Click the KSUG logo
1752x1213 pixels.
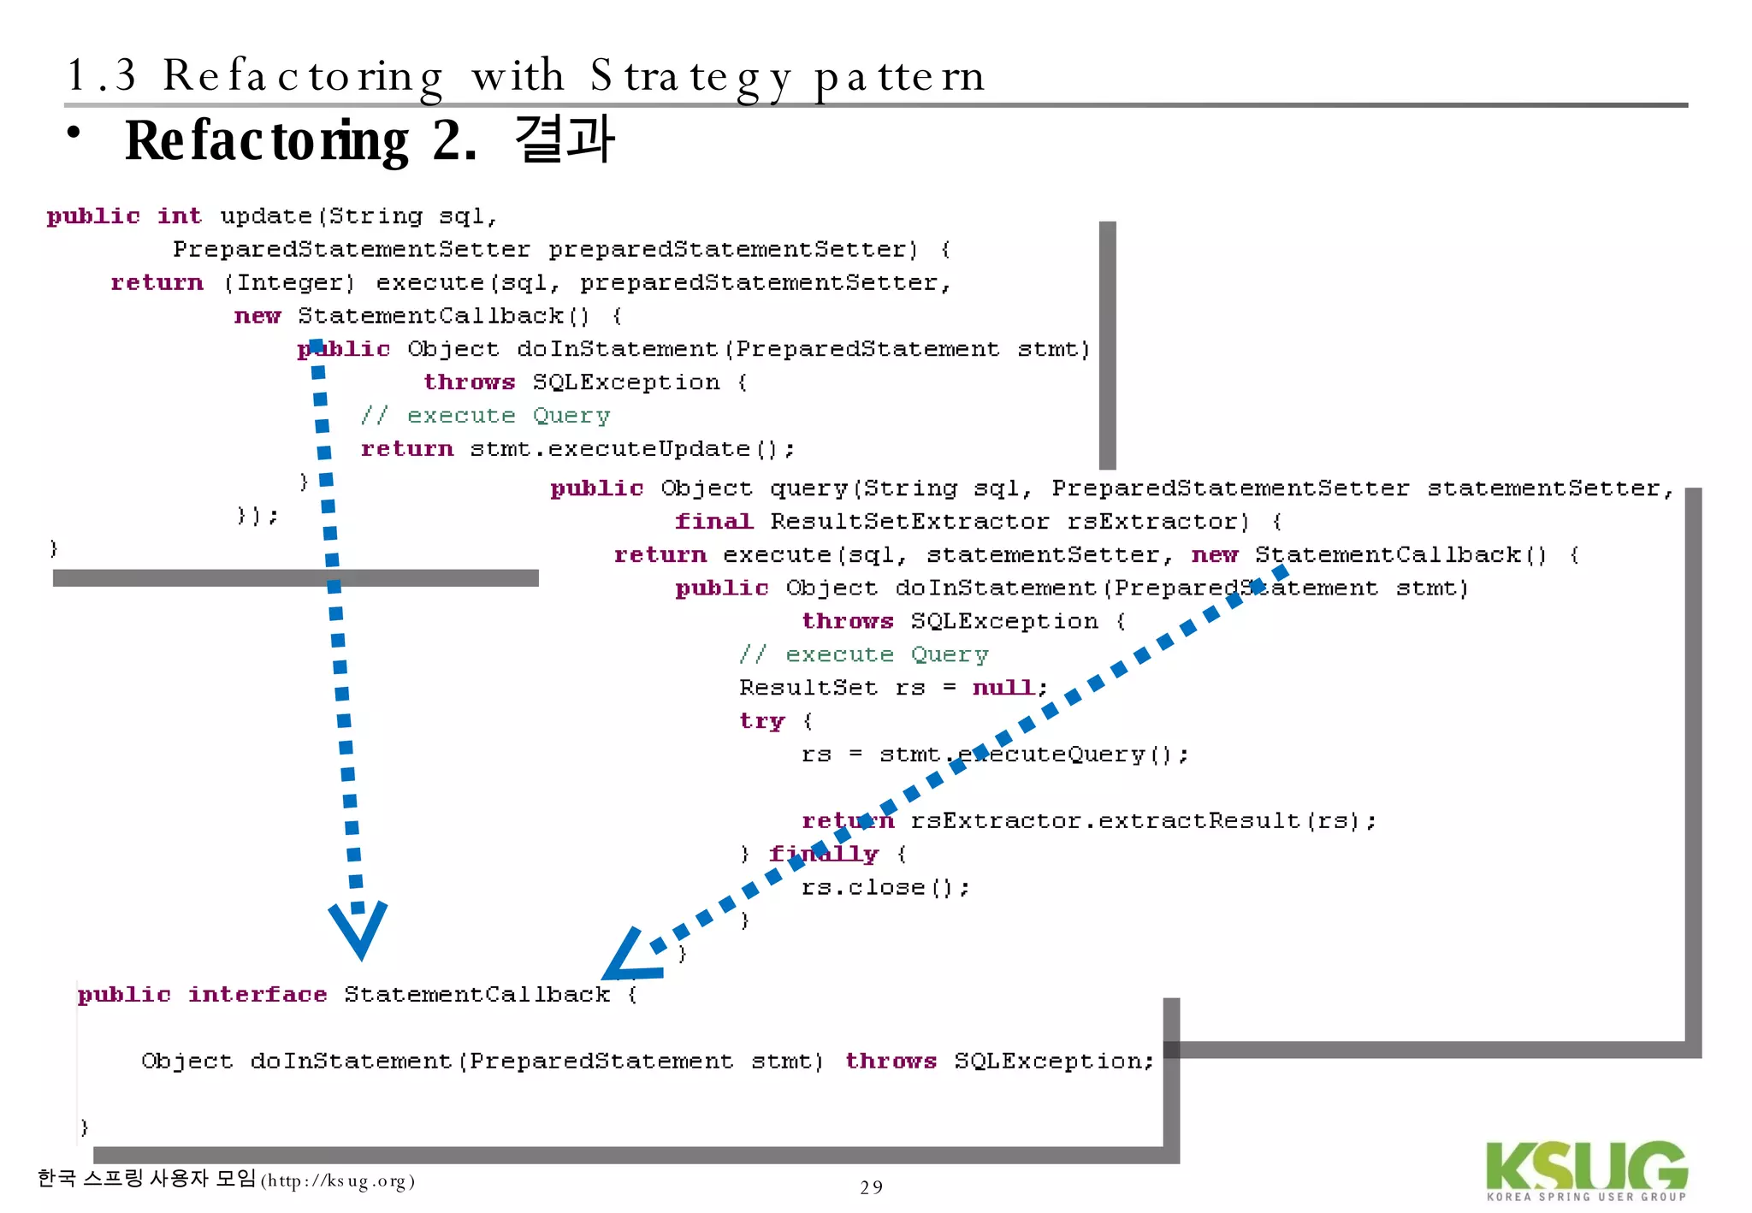tap(1585, 1169)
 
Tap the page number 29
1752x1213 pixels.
tap(871, 1187)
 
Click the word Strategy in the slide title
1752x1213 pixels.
tap(690, 77)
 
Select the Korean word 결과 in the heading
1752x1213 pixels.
tap(565, 139)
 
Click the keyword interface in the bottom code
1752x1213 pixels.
tap(257, 995)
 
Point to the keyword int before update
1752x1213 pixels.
tap(179, 216)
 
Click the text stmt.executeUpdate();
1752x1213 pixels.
tap(631, 449)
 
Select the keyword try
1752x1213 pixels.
tap(761, 721)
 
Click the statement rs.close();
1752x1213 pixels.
tap(885, 888)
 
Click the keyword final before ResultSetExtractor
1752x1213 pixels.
tap(713, 522)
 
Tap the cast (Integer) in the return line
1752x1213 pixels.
tap(288, 283)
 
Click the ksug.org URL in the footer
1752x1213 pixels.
tap(337, 1182)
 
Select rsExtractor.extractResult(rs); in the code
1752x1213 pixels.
tap(1143, 821)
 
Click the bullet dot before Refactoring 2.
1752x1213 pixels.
tap(75, 133)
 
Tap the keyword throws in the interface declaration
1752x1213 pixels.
tap(891, 1062)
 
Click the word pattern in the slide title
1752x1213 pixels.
tap(899, 77)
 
